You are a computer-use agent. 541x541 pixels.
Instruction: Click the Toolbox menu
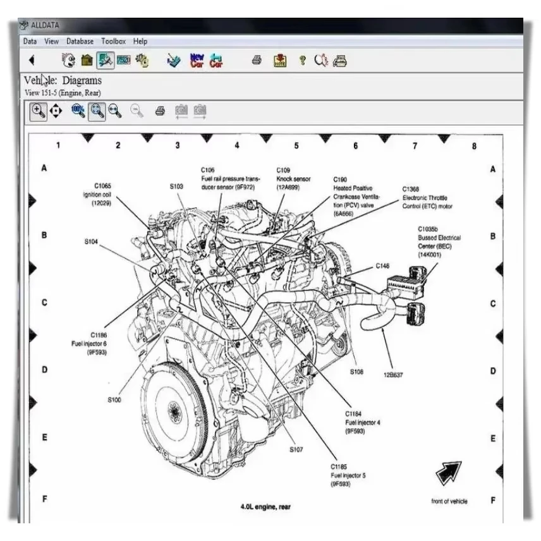click(114, 41)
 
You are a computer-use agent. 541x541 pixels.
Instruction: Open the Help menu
click(140, 41)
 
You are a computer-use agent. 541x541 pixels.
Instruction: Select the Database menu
click(80, 41)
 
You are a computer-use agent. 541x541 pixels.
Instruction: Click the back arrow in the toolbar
click(32, 61)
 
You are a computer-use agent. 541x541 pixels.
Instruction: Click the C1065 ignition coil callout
click(102, 194)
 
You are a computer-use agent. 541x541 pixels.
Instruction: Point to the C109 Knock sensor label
click(293, 179)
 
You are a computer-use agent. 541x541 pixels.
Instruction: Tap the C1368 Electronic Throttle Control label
click(427, 197)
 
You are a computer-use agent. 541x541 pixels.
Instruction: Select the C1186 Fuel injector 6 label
click(90, 343)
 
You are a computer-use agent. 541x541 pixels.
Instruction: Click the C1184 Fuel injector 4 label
click(363, 422)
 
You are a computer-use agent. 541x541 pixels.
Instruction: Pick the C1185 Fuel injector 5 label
click(348, 475)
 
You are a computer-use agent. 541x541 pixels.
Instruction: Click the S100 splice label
click(114, 399)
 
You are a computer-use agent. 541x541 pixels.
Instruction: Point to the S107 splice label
click(296, 449)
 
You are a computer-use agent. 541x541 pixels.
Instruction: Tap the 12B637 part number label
click(392, 375)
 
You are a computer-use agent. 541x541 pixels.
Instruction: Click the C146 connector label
click(382, 266)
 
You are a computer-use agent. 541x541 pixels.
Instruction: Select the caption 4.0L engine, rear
click(265, 506)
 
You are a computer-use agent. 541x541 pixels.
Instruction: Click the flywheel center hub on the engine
click(172, 413)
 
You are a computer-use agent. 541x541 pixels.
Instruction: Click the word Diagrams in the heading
click(82, 80)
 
